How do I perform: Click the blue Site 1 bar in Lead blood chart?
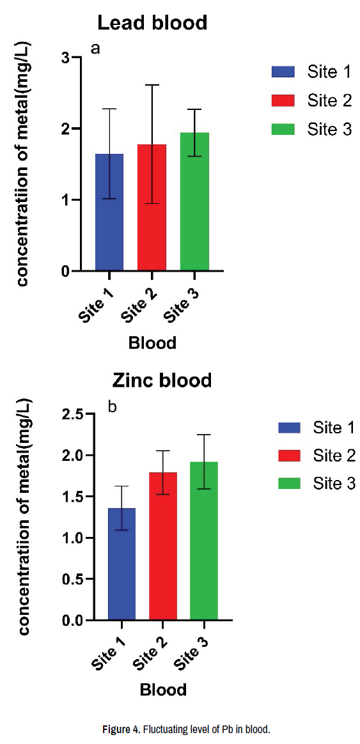click(109, 213)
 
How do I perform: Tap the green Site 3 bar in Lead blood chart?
click(195, 201)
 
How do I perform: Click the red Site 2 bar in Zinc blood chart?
click(163, 546)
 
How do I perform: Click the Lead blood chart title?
click(152, 23)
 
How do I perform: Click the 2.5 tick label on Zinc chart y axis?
click(74, 414)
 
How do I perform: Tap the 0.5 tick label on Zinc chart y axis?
click(74, 579)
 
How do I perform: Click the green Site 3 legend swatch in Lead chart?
click(283, 128)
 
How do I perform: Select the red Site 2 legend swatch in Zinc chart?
click(289, 456)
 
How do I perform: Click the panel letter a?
click(95, 49)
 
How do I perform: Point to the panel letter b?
click(113, 407)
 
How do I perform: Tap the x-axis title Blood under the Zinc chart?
click(163, 690)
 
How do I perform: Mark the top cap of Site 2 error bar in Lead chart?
click(152, 85)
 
